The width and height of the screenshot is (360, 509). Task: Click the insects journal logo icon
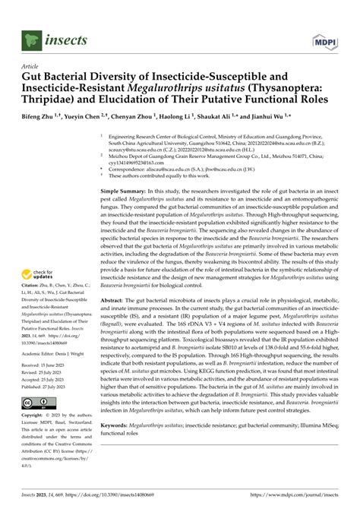[30, 38]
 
